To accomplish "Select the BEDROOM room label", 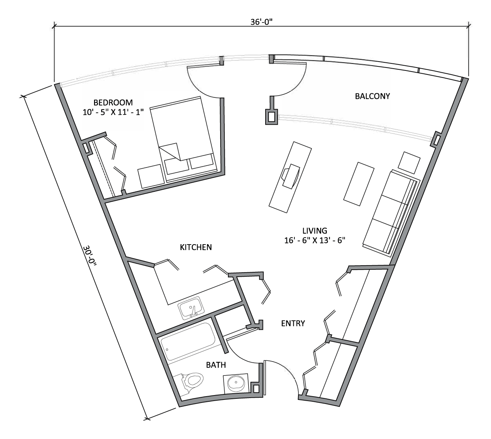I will (x=113, y=102).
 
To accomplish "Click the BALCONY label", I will (x=372, y=96).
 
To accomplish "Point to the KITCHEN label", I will (x=196, y=247).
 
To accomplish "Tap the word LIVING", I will (x=315, y=231).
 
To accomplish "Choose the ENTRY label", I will (x=293, y=324).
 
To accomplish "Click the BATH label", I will (x=216, y=365).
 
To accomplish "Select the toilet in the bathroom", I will (x=191, y=381).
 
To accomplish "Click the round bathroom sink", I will (x=236, y=384).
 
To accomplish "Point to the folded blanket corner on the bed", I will (x=170, y=151).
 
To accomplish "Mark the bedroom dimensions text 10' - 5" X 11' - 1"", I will (x=113, y=111).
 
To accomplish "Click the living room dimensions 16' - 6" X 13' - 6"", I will (x=315, y=240).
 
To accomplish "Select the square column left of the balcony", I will (x=272, y=117).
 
